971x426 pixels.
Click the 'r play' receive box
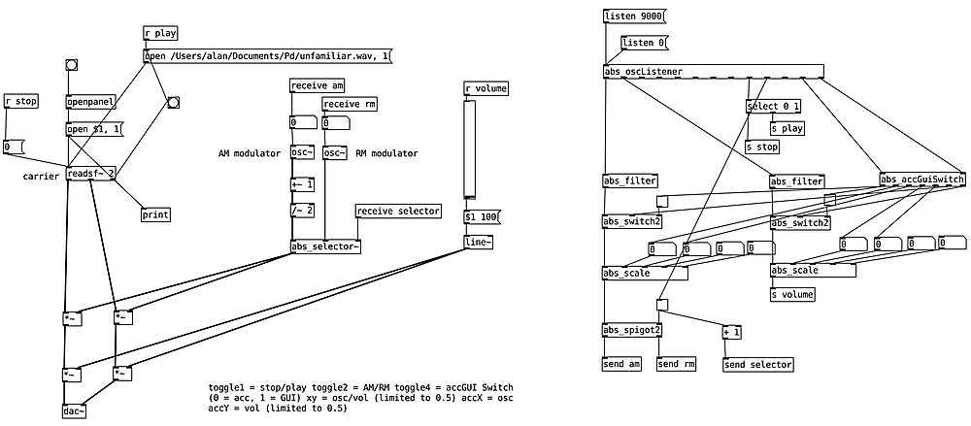[x=160, y=33]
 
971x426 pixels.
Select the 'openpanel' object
[x=90, y=102]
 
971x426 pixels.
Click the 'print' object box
[x=155, y=214]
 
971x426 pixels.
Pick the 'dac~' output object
[x=75, y=410]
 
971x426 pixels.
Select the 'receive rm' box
[x=350, y=105]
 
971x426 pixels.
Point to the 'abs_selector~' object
[x=326, y=246]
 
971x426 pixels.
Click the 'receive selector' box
[x=398, y=211]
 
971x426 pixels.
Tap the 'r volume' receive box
[x=486, y=89]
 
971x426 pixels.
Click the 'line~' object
[x=478, y=243]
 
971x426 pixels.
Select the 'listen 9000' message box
[x=633, y=16]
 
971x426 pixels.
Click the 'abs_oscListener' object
[x=713, y=71]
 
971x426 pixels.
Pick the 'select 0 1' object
[x=774, y=106]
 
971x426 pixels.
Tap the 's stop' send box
[x=762, y=147]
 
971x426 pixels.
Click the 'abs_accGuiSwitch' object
[x=922, y=180]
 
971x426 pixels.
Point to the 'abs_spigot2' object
[x=632, y=330]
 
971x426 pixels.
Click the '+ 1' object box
[x=731, y=333]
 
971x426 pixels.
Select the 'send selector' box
[x=757, y=365]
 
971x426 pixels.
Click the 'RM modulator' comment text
[x=387, y=153]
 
